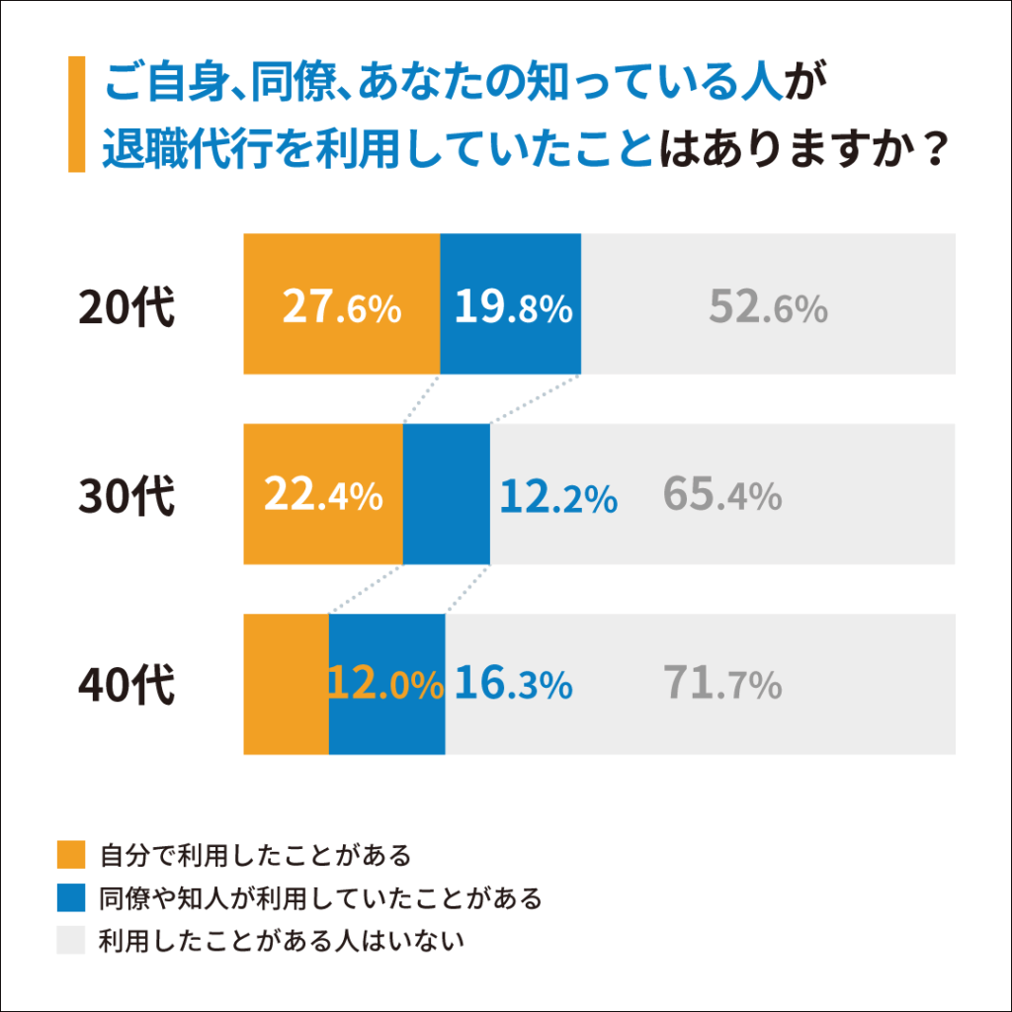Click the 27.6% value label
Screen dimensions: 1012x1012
click(x=342, y=308)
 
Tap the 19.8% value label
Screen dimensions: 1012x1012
click(x=513, y=308)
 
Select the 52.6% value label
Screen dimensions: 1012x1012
click(x=768, y=308)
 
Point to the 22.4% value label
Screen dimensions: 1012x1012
click(x=323, y=496)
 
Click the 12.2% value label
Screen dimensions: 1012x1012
click(x=558, y=498)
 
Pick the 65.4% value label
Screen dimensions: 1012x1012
click(x=722, y=496)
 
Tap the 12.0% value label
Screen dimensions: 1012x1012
click(x=386, y=685)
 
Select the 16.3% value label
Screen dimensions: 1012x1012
click(x=514, y=685)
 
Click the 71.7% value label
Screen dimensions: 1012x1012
click(x=722, y=685)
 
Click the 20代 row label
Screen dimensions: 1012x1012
click(x=127, y=308)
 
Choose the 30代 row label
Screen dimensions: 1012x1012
click(x=127, y=496)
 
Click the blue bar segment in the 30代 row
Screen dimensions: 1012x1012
click(x=447, y=464)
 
